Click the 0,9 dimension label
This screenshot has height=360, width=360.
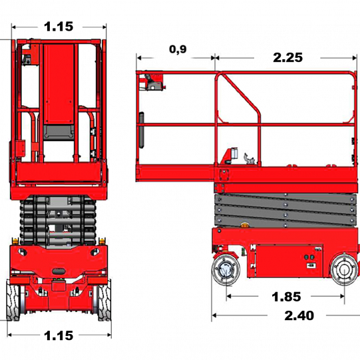pos(178,49)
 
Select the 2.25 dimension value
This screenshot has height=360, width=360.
pos(287,57)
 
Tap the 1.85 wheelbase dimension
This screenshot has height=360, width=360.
pos(286,297)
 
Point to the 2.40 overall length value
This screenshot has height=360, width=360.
pos(299,315)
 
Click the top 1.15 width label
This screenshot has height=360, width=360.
pos(59,27)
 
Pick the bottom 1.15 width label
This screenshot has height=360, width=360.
pos(59,335)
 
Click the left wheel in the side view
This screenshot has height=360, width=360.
pos(226,270)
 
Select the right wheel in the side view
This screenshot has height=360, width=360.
pos(345,270)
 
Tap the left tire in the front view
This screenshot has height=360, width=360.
pos(13,300)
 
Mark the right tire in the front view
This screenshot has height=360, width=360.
pos(104,300)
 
